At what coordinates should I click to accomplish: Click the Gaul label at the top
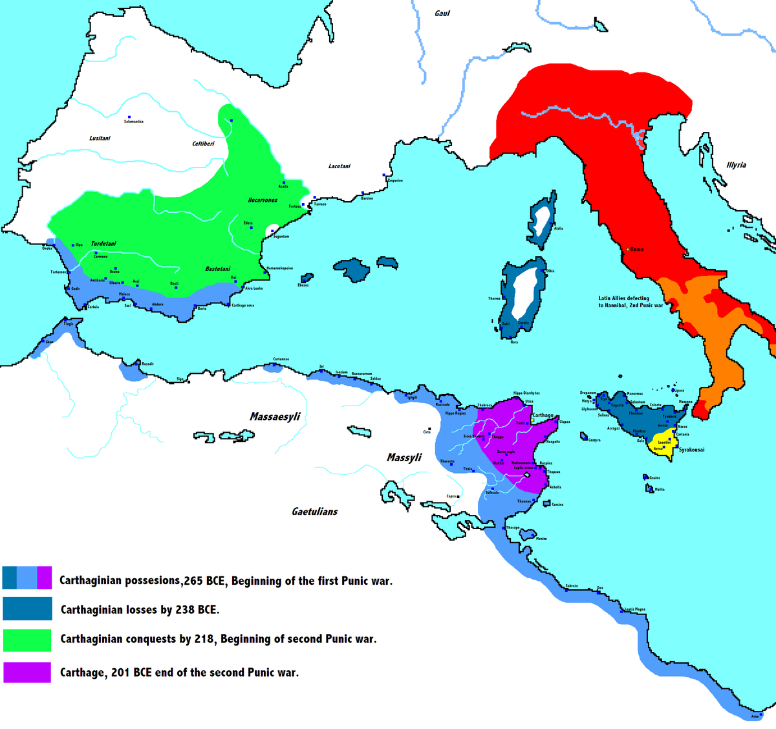coord(442,14)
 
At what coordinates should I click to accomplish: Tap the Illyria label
coord(736,165)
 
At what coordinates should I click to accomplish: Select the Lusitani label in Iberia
coord(100,138)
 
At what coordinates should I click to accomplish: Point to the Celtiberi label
coord(203,144)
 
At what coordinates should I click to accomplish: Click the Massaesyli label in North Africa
coord(275,417)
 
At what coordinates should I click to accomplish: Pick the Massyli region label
coord(404,458)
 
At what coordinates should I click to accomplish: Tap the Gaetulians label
coord(314,512)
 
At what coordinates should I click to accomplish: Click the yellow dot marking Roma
coord(627,249)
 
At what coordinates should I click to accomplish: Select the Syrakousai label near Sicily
coord(691,450)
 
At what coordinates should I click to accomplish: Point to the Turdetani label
coord(103,244)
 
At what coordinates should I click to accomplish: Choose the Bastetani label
coord(218,269)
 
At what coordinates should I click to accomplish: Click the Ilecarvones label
coord(263,201)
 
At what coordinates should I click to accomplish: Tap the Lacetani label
coord(339,166)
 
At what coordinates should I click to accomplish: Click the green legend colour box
coord(27,640)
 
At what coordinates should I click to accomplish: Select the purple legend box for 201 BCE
coord(27,672)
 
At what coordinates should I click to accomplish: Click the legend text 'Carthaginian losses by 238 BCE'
coord(140,609)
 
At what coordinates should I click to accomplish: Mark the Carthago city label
coord(543,415)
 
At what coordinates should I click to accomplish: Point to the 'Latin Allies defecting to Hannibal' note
coord(630,302)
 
